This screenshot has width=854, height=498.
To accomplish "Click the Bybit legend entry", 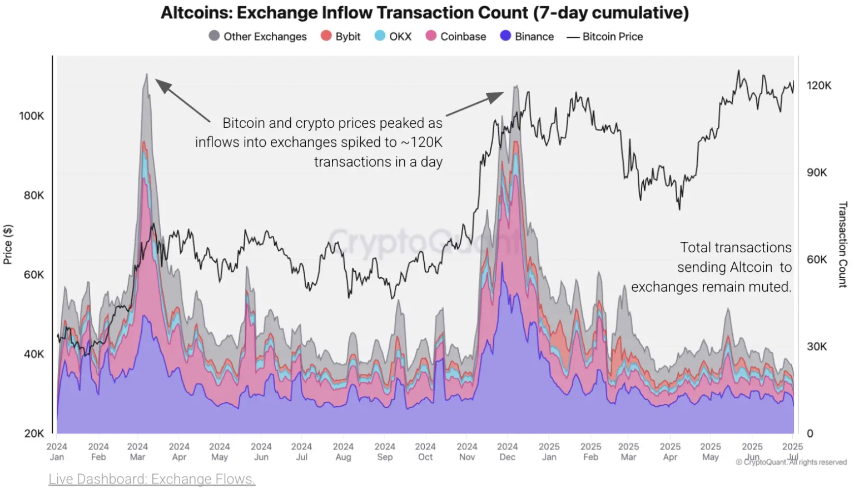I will (x=341, y=36).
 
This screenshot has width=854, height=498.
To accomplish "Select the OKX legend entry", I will (x=393, y=36).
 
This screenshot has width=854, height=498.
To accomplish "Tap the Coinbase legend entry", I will (x=456, y=36).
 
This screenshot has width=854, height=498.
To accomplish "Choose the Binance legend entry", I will (x=527, y=36).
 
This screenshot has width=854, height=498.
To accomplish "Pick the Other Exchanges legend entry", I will (x=258, y=36).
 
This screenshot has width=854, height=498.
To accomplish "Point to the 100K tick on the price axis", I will (x=31, y=116).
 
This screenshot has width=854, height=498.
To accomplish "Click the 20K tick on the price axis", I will (x=33, y=434).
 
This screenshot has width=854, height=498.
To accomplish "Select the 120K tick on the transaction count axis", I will (x=819, y=86).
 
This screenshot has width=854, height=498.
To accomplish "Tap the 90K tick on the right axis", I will (x=817, y=173).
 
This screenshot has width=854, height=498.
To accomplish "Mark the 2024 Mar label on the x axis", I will (x=137, y=451).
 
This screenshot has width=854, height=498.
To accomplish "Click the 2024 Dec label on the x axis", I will (x=507, y=451).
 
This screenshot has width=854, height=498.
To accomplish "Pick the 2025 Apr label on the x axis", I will (x=670, y=451).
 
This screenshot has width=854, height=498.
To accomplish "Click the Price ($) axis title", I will (x=8, y=245).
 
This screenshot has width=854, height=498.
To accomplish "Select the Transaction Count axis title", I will (x=842, y=245).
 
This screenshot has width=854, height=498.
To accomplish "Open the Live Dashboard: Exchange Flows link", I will (x=152, y=479).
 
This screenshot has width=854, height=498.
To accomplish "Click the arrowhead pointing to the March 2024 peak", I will (x=161, y=84).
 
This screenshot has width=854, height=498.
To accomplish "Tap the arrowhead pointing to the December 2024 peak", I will (x=496, y=97).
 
